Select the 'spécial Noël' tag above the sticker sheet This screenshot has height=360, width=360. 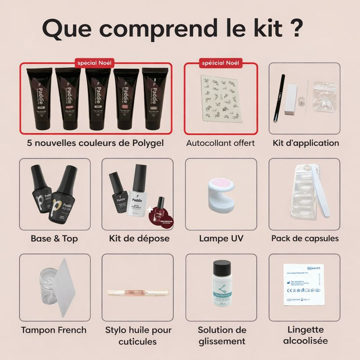(221, 63)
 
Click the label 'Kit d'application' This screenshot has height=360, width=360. (306, 143)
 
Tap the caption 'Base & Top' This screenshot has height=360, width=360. (54, 238)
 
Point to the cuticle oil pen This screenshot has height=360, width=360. (138, 293)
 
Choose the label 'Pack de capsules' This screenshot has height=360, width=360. (305, 238)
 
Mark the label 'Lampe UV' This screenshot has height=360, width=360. (221, 238)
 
